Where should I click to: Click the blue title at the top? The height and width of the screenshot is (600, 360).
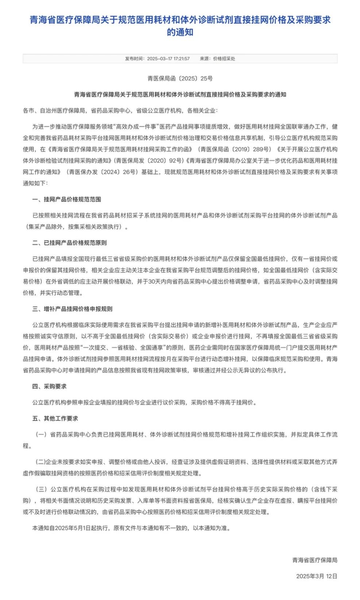(180, 26)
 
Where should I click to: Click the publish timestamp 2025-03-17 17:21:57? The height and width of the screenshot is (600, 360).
(168, 59)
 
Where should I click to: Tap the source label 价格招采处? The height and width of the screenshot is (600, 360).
(224, 59)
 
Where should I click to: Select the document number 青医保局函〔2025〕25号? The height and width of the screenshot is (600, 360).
(180, 78)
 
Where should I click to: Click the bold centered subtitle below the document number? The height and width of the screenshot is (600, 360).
(180, 94)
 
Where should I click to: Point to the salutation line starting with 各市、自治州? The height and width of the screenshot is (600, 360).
(120, 111)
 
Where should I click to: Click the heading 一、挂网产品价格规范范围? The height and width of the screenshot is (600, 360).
(66, 200)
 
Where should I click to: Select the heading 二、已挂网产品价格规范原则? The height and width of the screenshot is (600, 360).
(69, 243)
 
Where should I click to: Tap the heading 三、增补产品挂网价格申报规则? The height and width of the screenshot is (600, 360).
(72, 309)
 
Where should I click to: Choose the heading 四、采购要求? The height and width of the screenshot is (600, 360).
(49, 386)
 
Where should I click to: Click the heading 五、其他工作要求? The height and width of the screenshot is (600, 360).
(55, 418)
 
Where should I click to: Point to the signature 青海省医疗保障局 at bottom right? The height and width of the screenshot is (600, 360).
(314, 560)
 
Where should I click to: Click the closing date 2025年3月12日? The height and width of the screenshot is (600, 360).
(317, 576)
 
